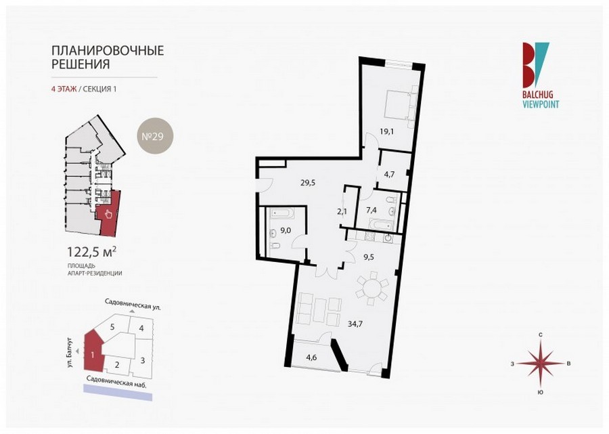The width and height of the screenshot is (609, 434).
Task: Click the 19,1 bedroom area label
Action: pyautogui.click(x=386, y=131)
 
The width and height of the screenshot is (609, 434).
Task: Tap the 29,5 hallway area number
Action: pyautogui.click(x=308, y=182)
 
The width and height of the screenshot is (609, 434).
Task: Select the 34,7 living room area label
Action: pyautogui.click(x=355, y=324)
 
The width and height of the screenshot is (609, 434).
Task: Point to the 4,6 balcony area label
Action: pyautogui.click(x=311, y=357)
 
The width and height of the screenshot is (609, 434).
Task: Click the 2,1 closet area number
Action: pyautogui.click(x=342, y=211)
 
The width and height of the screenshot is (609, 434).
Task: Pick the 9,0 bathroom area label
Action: pyautogui.click(x=286, y=230)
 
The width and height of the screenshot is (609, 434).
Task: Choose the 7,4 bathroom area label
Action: pyautogui.click(x=371, y=210)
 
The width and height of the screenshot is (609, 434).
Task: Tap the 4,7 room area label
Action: pyautogui.click(x=389, y=175)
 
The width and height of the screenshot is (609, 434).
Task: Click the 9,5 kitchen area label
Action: pyautogui.click(x=368, y=257)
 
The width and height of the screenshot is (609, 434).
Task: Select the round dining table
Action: pyautogui.click(x=372, y=288)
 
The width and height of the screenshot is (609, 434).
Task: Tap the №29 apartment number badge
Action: pyautogui.click(x=155, y=136)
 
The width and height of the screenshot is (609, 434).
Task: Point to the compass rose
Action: pyautogui.click(x=540, y=364)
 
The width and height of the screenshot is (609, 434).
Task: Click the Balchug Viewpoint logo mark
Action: pyautogui.click(x=536, y=65)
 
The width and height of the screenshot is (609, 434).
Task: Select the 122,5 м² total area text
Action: pyautogui.click(x=92, y=252)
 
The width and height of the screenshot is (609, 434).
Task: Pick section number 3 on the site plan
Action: pyautogui.click(x=143, y=360)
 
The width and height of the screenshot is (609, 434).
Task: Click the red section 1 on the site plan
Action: pyautogui.click(x=93, y=352)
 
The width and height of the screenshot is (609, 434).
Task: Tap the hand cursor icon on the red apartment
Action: pyautogui.click(x=108, y=214)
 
